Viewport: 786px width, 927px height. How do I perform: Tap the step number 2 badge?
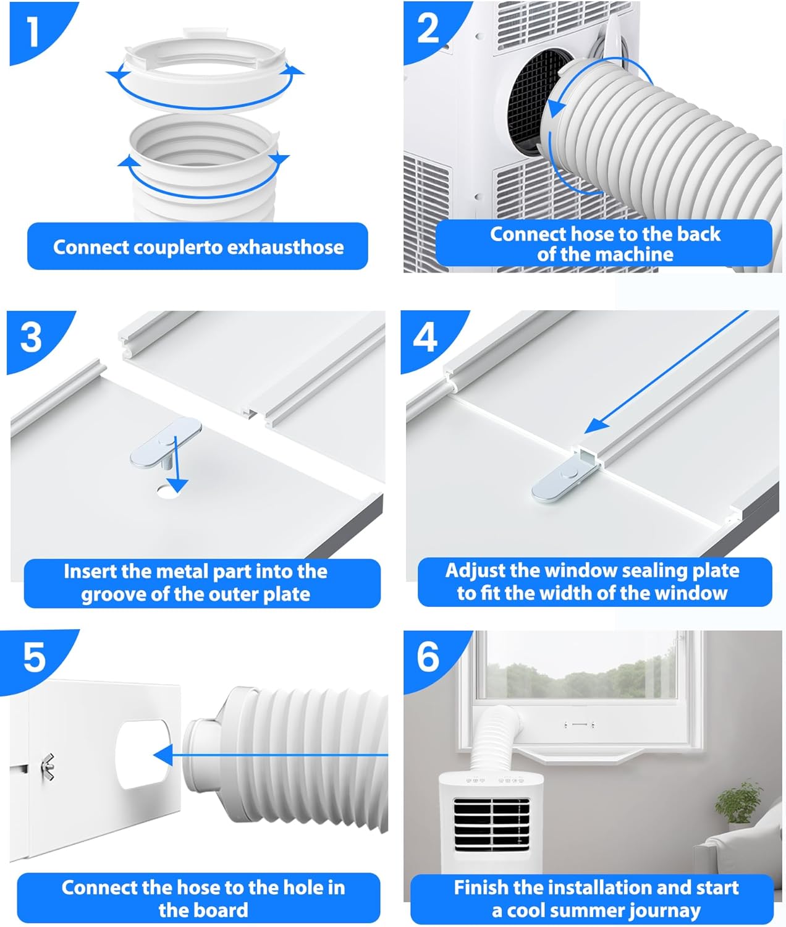click(x=428, y=29)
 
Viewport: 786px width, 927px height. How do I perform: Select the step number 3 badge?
click(x=32, y=337)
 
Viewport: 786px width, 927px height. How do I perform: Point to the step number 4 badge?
click(x=425, y=337)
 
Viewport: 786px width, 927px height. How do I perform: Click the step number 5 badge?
click(x=35, y=657)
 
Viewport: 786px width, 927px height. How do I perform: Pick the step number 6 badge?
click(x=428, y=657)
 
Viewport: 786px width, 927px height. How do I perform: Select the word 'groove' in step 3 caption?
click(x=111, y=595)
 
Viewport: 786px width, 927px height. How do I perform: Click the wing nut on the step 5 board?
click(x=48, y=767)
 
